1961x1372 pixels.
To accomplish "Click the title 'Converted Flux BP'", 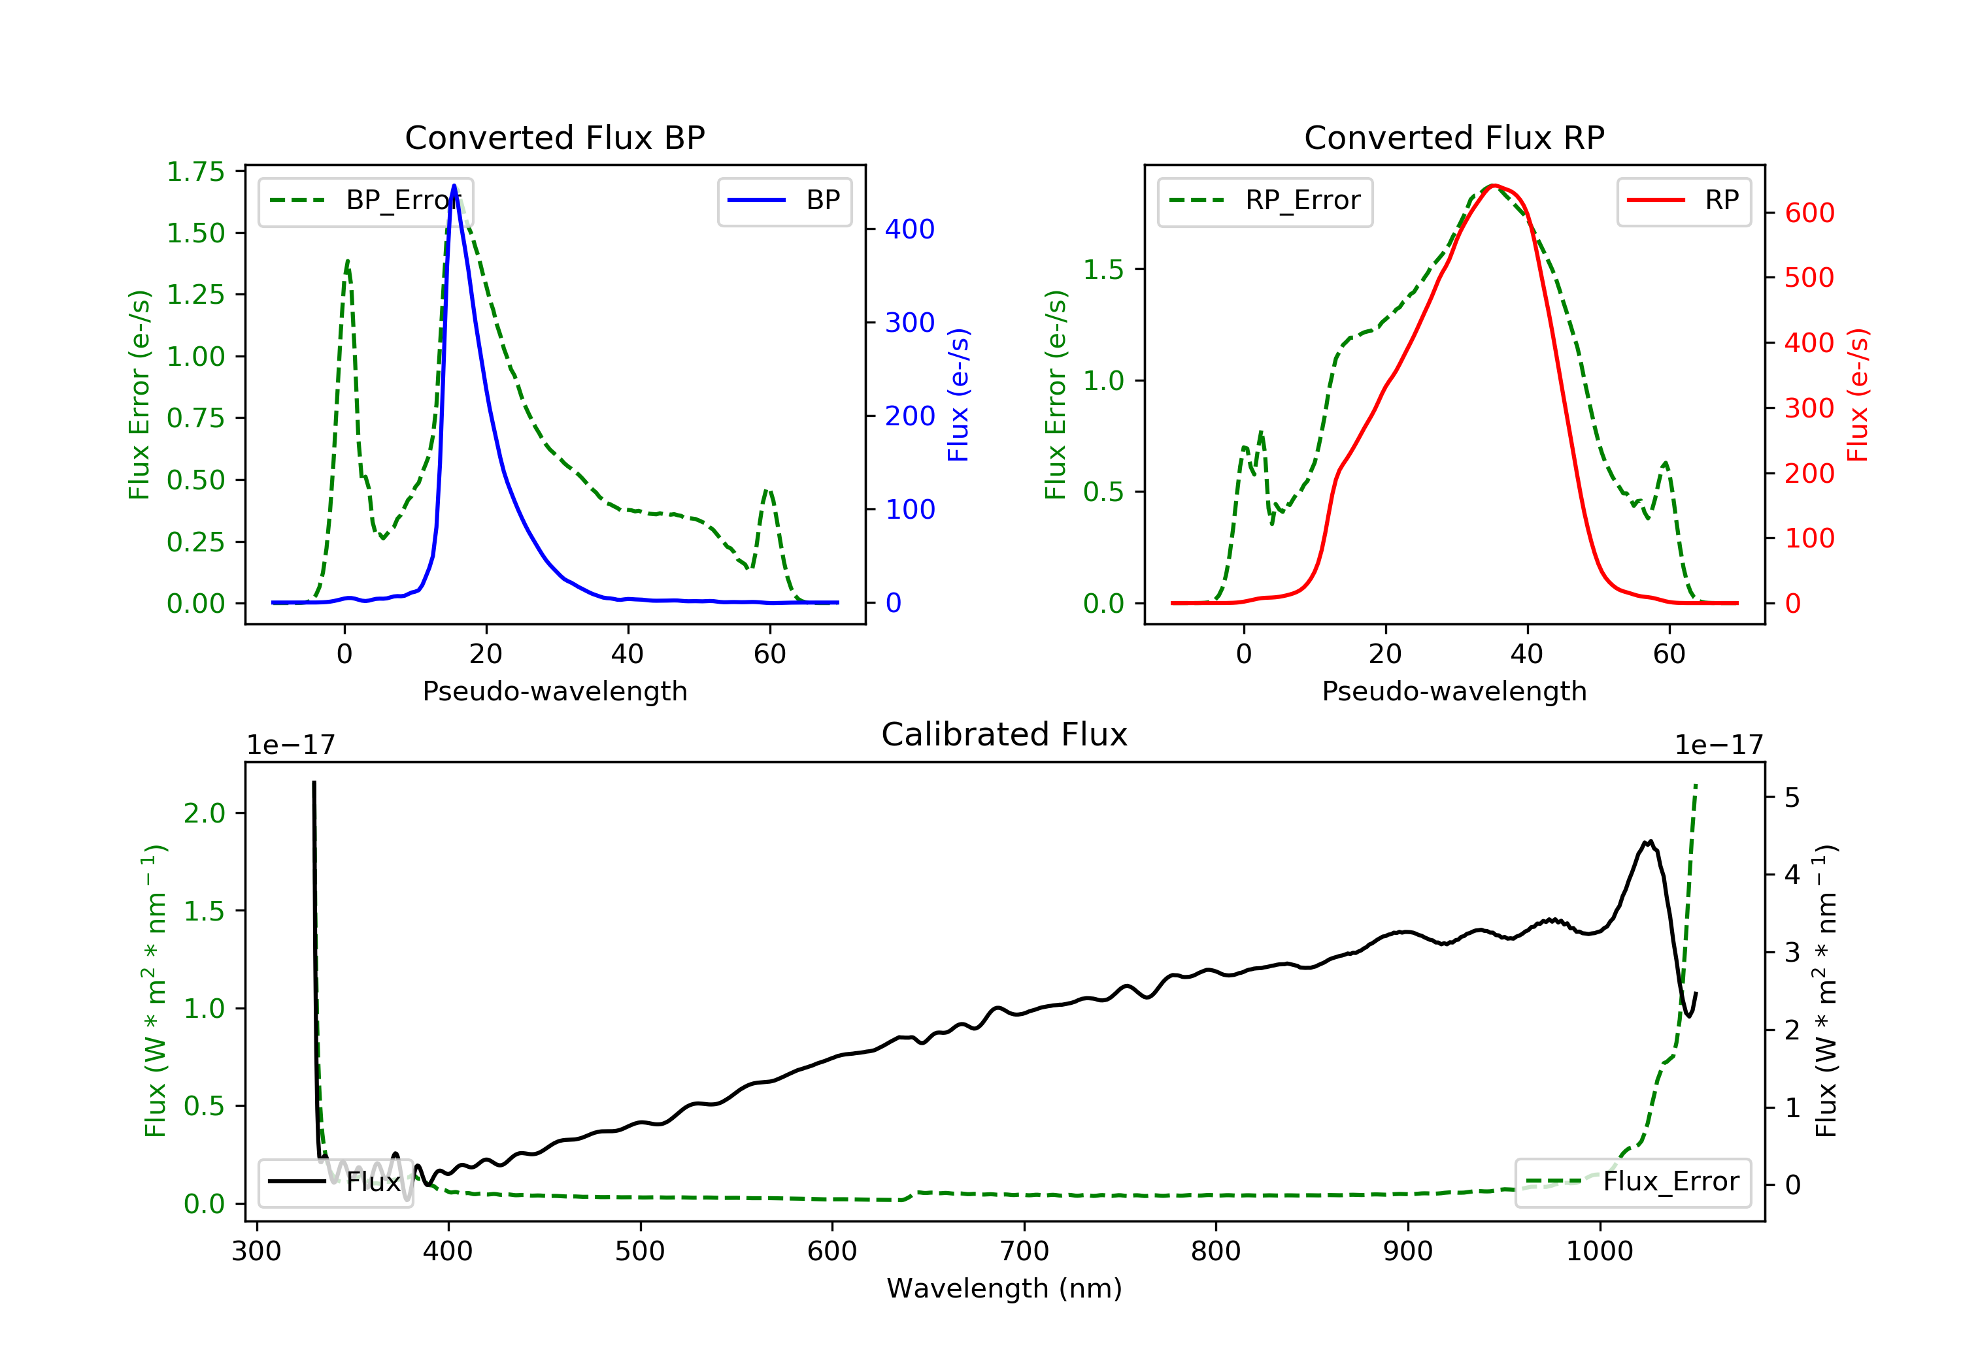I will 554,137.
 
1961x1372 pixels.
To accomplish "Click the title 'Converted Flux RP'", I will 1454,137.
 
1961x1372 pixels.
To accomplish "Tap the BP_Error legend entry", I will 365,201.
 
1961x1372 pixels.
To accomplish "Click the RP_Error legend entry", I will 1265,201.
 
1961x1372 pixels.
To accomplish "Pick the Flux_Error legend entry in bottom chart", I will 1632,1182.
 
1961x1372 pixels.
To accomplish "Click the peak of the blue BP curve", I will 454,186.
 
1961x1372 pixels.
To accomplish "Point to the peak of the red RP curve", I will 1492,186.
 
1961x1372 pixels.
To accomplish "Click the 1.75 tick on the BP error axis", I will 195,172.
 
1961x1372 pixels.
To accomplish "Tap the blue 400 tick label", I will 910,229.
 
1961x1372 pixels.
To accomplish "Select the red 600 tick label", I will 1809,212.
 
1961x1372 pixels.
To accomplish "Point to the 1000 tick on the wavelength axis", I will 1599,1252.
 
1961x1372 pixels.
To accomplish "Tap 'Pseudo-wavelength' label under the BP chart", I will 554,691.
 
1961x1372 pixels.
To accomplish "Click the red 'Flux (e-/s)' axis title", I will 1858,395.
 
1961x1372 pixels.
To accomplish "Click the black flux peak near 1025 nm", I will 1649,841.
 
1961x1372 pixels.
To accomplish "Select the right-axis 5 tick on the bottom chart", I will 1792,798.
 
